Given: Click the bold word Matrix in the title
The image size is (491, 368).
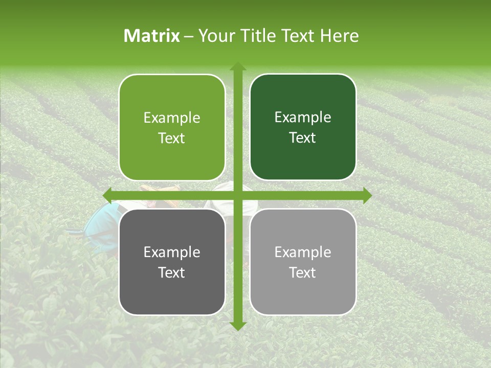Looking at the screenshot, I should click(x=152, y=36).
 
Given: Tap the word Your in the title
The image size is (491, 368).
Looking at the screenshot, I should click(x=215, y=36).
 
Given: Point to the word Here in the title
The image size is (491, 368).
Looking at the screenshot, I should click(x=340, y=36).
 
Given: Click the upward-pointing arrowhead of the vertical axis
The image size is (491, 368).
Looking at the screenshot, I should click(x=237, y=67).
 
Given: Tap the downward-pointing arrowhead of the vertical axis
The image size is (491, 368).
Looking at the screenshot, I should click(x=237, y=326).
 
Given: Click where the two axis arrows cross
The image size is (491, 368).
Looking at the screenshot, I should click(x=237, y=196).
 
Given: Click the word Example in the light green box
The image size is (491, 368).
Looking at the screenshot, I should click(x=172, y=118).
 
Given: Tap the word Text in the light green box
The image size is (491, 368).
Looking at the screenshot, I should click(x=172, y=138).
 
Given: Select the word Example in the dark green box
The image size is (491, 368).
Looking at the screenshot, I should click(x=303, y=118).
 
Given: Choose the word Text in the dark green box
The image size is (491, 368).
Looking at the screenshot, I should click(x=303, y=137).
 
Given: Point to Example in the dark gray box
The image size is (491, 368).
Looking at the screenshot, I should click(x=172, y=252).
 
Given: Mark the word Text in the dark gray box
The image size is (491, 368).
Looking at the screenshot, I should click(x=172, y=272).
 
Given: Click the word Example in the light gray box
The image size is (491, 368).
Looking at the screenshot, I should click(x=303, y=252).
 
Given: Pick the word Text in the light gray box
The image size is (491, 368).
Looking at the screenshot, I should click(x=303, y=272).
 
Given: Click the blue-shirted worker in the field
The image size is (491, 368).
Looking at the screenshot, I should click(x=102, y=220).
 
